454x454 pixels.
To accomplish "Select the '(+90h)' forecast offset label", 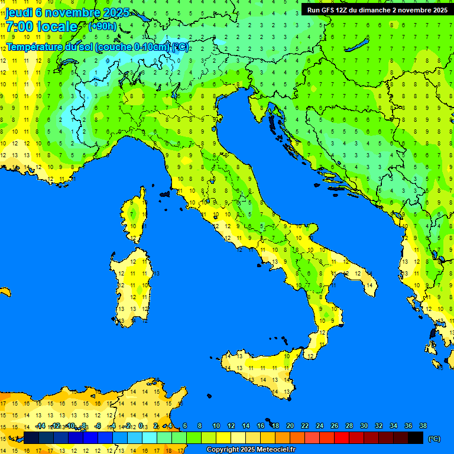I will (x=102, y=26).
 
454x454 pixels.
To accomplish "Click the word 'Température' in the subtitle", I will (x=35, y=47).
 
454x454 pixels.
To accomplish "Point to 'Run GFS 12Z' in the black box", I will (x=328, y=9).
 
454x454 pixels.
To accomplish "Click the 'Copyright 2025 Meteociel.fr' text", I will (x=251, y=449).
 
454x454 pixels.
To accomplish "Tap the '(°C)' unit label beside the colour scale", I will (x=434, y=439).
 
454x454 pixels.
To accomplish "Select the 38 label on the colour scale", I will (x=423, y=426).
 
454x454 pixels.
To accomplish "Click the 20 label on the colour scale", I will (x=290, y=426).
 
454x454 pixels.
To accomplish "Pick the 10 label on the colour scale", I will (x=216, y=426).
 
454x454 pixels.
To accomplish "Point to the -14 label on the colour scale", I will (x=40, y=426).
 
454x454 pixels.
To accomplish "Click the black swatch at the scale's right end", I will (x=416, y=437).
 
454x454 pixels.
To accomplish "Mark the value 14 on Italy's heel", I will (x=369, y=285).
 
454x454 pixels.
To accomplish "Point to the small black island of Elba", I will (x=165, y=193).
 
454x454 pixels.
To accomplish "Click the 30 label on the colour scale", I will (x=364, y=426).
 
